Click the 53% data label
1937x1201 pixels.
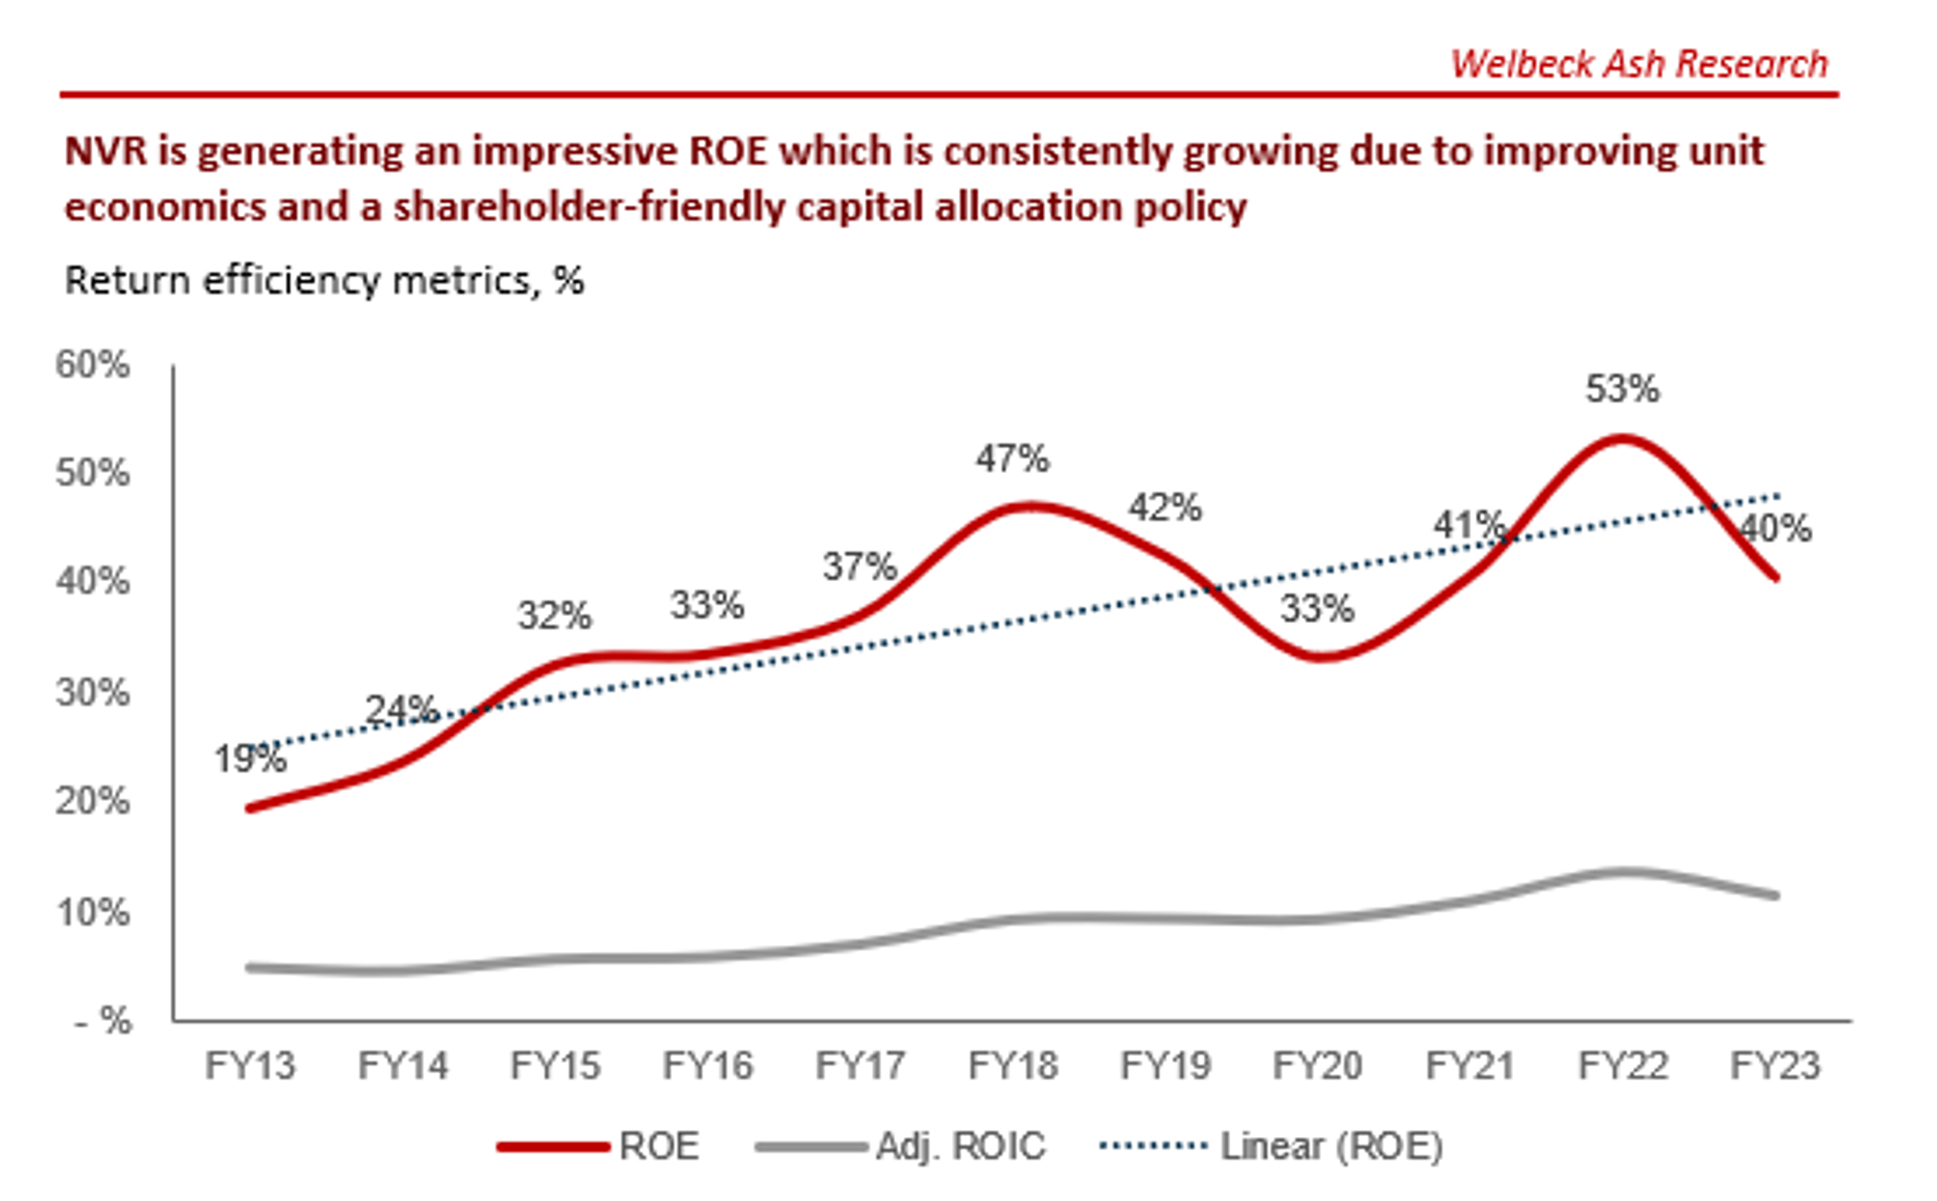pyautogui.click(x=1622, y=389)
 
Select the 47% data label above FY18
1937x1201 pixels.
pyautogui.click(x=1012, y=458)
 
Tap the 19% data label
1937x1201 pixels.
pyautogui.click(x=250, y=758)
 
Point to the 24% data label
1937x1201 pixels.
pyautogui.click(x=401, y=710)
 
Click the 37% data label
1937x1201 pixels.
pyautogui.click(x=859, y=567)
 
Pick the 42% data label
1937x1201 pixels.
pyautogui.click(x=1165, y=508)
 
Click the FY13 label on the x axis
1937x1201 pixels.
pyautogui.click(x=250, y=1065)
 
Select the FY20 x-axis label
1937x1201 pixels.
pyautogui.click(x=1317, y=1065)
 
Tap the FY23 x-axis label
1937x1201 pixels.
pyautogui.click(x=1775, y=1065)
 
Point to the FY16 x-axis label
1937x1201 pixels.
pyautogui.click(x=707, y=1065)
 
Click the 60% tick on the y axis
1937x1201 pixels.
pyautogui.click(x=92, y=365)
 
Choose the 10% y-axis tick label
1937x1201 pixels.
pyautogui.click(x=92, y=912)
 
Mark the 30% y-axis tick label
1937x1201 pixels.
pyautogui.click(x=92, y=693)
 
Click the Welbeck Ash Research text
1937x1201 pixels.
pyautogui.click(x=1639, y=64)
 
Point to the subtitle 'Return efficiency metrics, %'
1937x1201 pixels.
pyautogui.click(x=324, y=281)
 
